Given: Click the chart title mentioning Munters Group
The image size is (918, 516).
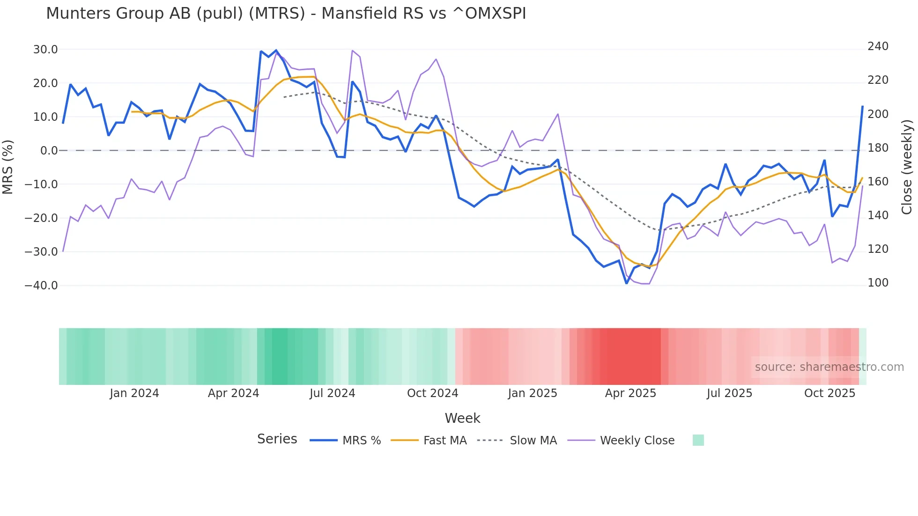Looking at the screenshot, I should click(286, 14).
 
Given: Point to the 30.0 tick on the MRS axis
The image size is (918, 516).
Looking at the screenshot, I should click(45, 50).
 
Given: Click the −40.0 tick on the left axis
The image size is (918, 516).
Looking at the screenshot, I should click(41, 286).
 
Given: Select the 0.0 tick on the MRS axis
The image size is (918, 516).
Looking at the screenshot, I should click(49, 151).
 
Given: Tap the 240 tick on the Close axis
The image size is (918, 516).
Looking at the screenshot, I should click(878, 46).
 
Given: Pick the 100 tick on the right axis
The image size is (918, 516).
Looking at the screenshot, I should click(878, 283).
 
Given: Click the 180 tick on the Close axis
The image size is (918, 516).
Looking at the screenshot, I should click(878, 148).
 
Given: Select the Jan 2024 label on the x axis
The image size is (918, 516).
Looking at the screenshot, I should click(134, 393).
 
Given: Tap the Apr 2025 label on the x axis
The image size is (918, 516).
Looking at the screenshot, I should click(630, 393).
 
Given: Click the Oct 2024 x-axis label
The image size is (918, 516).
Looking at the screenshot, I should click(432, 393).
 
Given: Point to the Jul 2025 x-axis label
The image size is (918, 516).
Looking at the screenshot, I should click(729, 393).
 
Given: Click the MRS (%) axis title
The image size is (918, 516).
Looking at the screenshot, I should click(8, 167).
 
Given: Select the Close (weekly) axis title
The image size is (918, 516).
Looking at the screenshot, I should click(907, 167).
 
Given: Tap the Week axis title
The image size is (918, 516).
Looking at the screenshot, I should click(462, 418).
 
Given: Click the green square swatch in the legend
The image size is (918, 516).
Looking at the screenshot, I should click(698, 440).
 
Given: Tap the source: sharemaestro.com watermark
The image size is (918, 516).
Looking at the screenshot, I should click(829, 367).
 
